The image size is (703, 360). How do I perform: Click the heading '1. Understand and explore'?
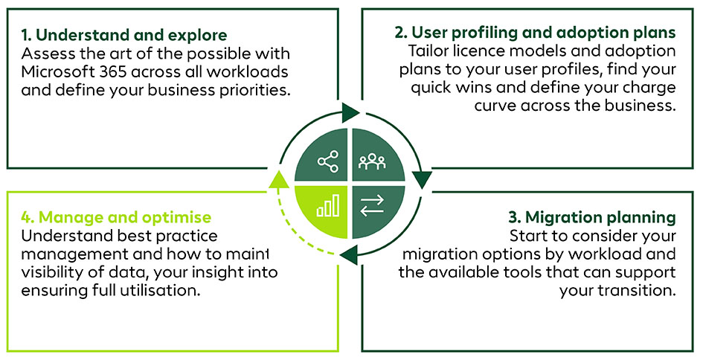(x=124, y=35)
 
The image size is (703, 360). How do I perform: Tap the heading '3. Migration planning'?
(x=592, y=217)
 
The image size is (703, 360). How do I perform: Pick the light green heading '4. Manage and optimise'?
(x=116, y=217)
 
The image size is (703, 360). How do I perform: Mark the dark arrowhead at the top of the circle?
(x=350, y=115)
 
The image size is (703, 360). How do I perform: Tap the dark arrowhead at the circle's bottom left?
(x=346, y=257)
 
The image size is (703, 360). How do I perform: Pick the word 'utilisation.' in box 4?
(x=164, y=290)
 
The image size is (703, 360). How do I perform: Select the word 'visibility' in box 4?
(x=53, y=272)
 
